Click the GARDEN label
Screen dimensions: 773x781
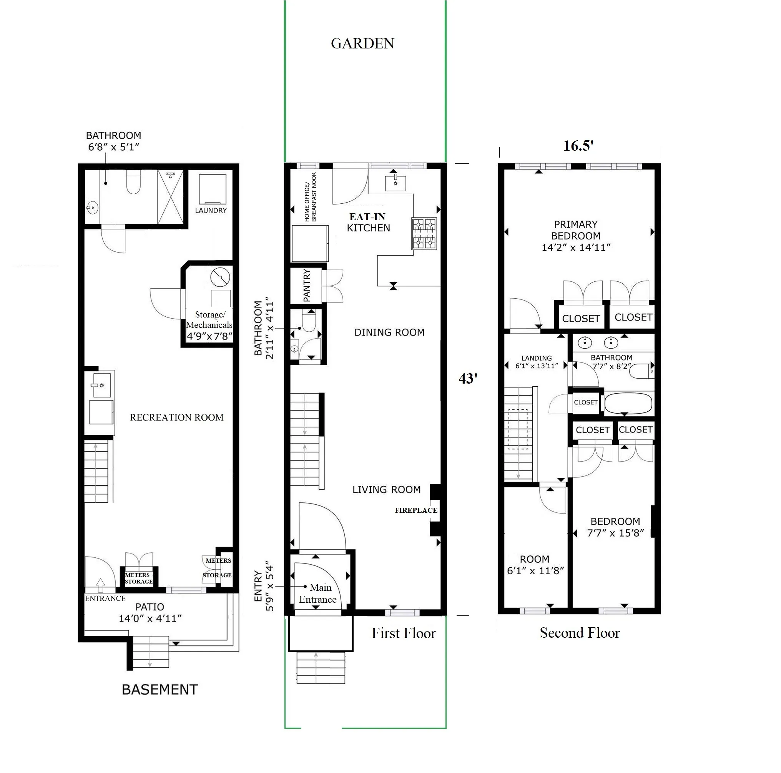pos(362,44)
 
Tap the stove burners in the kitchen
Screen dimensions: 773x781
pos(424,233)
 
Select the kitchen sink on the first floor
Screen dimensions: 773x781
pos(395,183)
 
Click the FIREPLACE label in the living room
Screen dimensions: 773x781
pos(416,510)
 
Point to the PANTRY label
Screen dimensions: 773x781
pos(307,286)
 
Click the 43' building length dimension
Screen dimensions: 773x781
pos(468,378)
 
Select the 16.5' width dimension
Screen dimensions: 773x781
pos(578,146)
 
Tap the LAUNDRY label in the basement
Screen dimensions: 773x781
pos(211,210)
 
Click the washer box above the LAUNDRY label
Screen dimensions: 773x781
pos(213,189)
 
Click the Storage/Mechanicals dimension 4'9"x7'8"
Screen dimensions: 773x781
pos(209,336)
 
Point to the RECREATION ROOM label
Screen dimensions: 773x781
pos(177,417)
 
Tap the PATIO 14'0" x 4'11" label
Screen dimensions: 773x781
pos(150,612)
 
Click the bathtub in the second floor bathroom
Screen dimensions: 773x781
pos(628,403)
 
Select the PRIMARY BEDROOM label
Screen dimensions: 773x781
pos(576,236)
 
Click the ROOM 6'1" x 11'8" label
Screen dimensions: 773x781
pos(535,564)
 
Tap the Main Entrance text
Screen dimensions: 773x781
pos(318,593)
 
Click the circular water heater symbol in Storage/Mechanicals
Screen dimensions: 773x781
pos(220,278)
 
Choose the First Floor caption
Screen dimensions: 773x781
pos(404,633)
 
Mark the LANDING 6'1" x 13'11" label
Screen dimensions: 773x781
pos(537,362)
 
